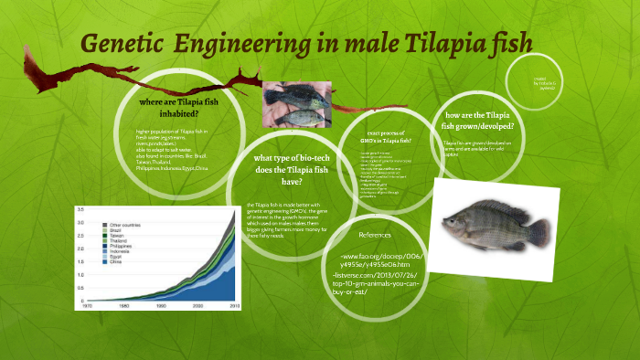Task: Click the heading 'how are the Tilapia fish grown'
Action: pos(478,120)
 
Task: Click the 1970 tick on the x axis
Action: pos(85,306)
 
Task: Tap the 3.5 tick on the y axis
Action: pos(80,210)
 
